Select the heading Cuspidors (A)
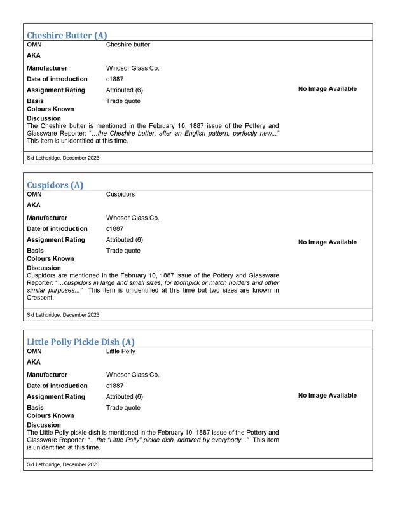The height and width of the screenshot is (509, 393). tap(55, 185)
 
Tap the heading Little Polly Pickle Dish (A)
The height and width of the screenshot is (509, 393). tap(80, 342)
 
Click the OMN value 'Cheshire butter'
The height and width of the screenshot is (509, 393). tap(128, 45)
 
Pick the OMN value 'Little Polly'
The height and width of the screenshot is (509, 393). tap(121, 351)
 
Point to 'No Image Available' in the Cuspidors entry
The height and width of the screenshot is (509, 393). tap(327, 242)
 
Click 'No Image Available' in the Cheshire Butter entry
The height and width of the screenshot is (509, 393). tap(327, 89)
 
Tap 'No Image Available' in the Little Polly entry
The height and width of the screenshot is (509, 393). tap(327, 396)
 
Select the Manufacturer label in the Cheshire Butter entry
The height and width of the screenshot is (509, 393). tap(47, 68)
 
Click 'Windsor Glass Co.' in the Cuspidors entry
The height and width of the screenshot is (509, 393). tap(132, 218)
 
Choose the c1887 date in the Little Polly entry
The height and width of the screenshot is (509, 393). tap(115, 386)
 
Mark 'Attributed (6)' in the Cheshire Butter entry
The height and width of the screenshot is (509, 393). tap(124, 90)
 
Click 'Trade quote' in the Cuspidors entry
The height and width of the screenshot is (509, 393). tap(123, 251)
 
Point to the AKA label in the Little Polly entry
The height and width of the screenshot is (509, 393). tap(34, 362)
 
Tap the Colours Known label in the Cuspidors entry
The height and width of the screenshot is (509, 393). tap(50, 259)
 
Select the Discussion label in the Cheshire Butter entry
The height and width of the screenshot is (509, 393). tap(44, 118)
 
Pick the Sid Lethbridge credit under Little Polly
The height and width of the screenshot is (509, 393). tap(63, 464)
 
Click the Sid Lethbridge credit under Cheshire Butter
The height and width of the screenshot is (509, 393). tap(63, 157)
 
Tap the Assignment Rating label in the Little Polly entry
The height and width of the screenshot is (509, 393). tap(56, 397)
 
